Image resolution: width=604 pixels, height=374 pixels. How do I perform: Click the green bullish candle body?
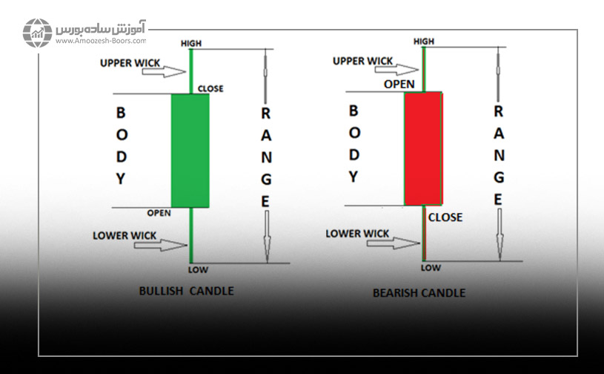190,151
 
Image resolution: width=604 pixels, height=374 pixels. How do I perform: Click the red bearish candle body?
423,148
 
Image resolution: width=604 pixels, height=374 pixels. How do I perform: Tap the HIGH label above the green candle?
191,44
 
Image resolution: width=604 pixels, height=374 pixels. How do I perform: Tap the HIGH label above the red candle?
424,42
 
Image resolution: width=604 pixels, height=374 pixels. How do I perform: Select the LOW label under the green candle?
198,269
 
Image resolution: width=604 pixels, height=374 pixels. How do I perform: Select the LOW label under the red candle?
431,267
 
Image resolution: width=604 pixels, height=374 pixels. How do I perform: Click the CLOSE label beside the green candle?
210,89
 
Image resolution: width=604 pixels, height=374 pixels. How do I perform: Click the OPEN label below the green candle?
159,213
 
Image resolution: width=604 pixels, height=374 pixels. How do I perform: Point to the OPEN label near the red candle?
399,84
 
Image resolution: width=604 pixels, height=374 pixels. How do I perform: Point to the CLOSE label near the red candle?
445,217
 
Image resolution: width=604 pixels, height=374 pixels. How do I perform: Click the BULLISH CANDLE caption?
186,291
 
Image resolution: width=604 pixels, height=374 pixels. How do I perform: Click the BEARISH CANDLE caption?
419,292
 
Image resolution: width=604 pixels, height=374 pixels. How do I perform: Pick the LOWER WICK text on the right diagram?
357,234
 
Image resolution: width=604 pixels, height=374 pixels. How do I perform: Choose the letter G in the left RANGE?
266,179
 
